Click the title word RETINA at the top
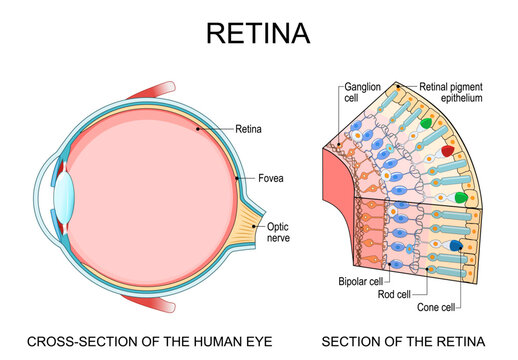click(258, 32)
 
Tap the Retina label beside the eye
click(248, 127)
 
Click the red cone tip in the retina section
click(447, 150)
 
